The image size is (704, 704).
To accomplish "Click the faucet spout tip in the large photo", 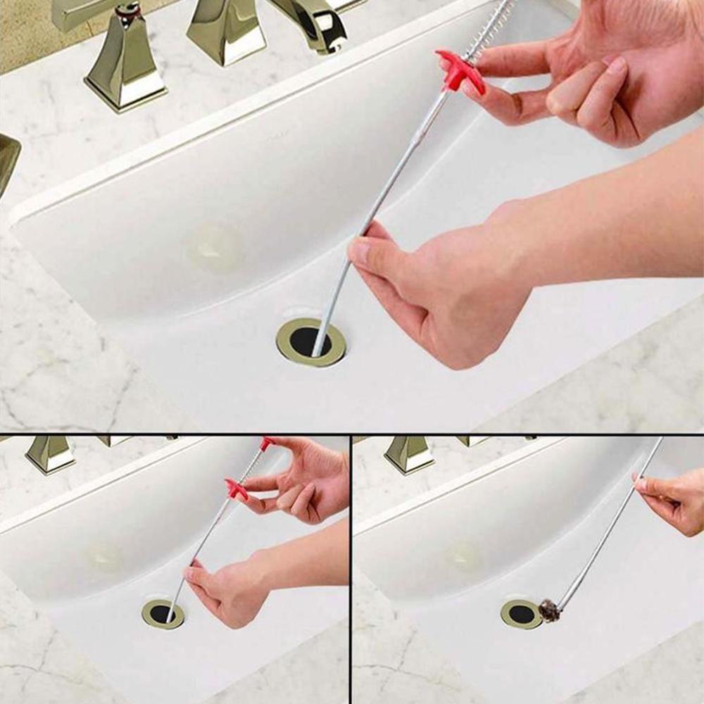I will [x=328, y=39].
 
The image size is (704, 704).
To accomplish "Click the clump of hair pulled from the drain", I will [x=549, y=610].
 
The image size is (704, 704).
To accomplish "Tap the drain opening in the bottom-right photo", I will [x=522, y=613].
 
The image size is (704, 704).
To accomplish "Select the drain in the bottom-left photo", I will [x=163, y=614].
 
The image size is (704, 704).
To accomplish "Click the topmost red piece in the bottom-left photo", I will [x=266, y=443].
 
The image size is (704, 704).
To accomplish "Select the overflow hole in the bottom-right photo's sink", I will [x=465, y=555].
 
